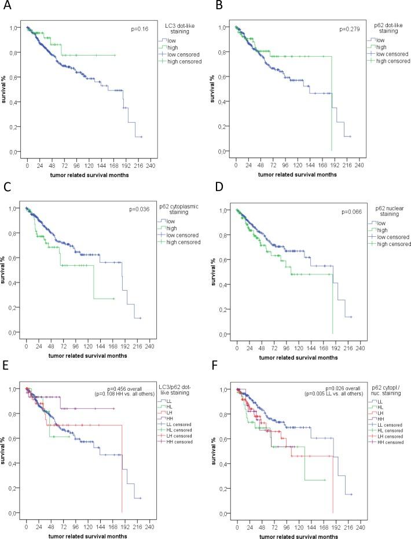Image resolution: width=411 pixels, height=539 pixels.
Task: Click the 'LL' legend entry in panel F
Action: pyautogui.click(x=380, y=401)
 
